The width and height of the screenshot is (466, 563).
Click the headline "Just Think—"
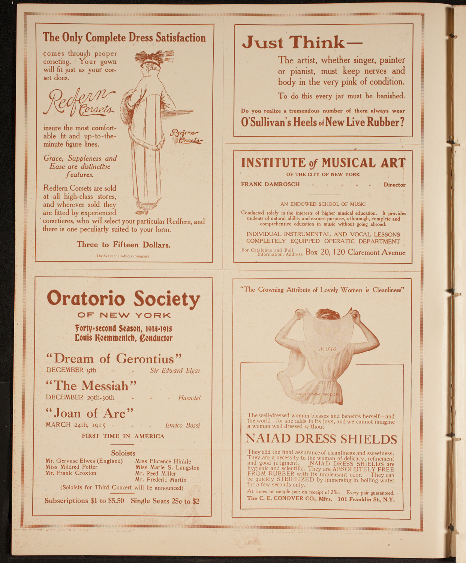tap(302, 42)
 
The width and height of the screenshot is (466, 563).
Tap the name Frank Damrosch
tap(270, 184)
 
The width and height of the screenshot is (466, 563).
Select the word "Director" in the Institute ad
tap(394, 185)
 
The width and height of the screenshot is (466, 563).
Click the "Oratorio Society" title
tap(123, 299)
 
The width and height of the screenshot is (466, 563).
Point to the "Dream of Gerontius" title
tap(114, 358)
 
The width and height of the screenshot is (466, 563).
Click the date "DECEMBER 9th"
tap(71, 370)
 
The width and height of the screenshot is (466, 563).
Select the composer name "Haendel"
tap(189, 398)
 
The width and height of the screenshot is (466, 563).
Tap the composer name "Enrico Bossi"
tap(183, 425)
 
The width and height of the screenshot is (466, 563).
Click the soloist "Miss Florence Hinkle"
tap(163, 461)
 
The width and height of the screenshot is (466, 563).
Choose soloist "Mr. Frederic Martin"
tap(161, 480)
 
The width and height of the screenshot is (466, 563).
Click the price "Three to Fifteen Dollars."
tap(124, 245)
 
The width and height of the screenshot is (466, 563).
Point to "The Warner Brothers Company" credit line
tap(123, 256)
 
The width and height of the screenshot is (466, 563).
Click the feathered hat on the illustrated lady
tap(154, 58)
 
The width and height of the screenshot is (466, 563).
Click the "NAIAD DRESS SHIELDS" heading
tap(321, 439)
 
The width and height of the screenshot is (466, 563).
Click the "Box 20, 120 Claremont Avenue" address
tap(355, 252)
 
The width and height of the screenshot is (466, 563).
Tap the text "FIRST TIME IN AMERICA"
tap(123, 436)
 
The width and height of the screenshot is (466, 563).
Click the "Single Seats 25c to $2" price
tap(165, 501)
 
